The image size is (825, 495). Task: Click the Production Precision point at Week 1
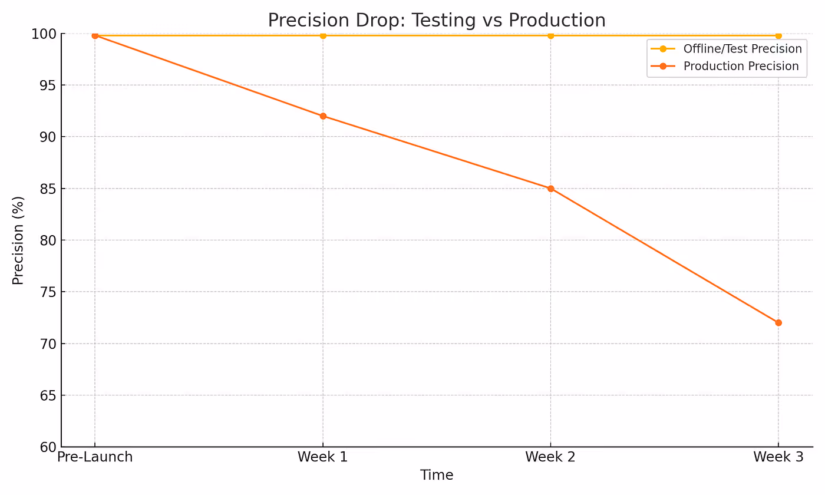pos(323,116)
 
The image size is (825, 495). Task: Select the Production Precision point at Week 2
pos(550,189)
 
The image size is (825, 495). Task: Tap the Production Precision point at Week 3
pos(778,323)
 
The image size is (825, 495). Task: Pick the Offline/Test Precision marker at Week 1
pos(323,35)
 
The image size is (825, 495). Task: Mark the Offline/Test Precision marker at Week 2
pos(550,35)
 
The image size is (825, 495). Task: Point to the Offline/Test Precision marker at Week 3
pos(778,35)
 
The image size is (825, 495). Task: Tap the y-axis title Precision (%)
pos(18,240)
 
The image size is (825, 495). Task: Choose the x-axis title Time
pos(437,475)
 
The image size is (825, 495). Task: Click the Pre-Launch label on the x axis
pos(95,457)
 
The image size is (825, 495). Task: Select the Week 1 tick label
pos(323,457)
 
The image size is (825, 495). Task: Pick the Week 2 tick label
pos(550,457)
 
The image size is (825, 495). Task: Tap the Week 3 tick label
pos(778,457)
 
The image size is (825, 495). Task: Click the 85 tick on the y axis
pos(48,189)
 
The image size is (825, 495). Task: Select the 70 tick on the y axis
pos(48,344)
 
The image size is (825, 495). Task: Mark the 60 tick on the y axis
pos(48,447)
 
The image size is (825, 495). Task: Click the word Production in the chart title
pos(557,20)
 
